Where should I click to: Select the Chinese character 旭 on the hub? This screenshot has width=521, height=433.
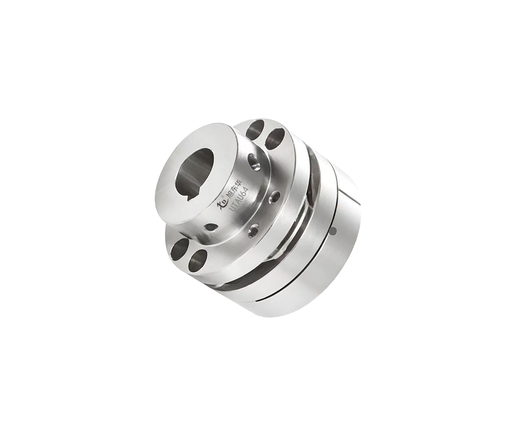coord(230,196)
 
